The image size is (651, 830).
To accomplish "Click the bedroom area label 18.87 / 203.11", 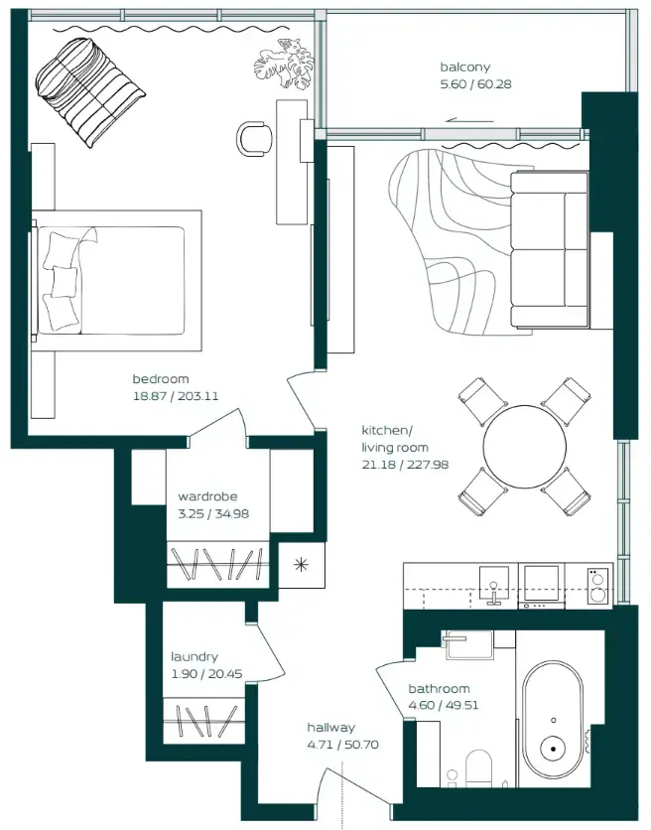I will coord(176,395).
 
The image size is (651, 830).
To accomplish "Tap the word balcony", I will coord(465,68).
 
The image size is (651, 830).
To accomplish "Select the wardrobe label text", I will coord(207,496).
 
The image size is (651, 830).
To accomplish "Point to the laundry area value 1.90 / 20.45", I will coord(206,673).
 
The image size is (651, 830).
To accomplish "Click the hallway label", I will coord(330,728).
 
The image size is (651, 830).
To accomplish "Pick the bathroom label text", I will coord(439,688).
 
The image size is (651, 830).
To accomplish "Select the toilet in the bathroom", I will coord(479,769).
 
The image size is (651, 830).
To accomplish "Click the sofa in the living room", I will coord(549,248).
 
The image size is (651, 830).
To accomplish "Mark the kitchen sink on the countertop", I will coord(492,584).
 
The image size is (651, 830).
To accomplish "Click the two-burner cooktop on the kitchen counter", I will coord(597,585).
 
